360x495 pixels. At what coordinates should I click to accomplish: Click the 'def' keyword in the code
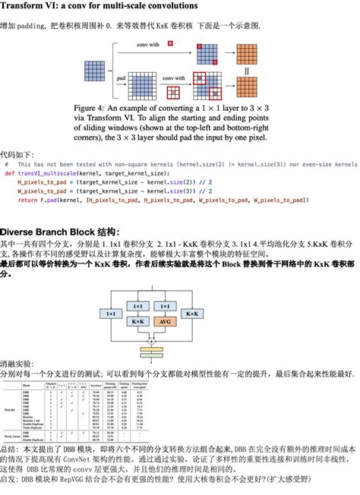coord(9,173)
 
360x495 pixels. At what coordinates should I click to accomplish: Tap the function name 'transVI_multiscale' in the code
coord(48,173)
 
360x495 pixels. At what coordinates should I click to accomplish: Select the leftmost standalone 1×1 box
coord(111,313)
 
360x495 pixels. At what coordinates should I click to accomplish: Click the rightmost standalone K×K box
coord(192,313)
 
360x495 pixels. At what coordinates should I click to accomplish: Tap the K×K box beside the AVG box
coord(137,322)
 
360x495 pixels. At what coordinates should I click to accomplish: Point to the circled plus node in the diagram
coord(151,342)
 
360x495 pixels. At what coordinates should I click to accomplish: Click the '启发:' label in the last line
coord(10,480)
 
